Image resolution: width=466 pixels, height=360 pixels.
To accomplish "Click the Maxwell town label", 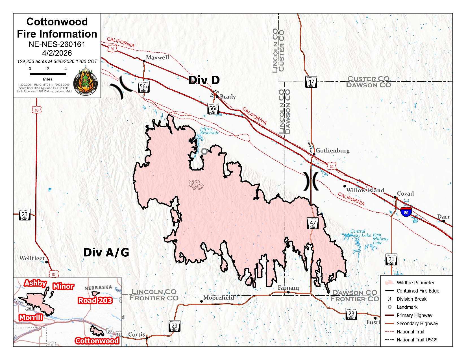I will [157, 58].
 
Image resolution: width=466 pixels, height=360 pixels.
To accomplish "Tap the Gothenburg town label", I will [332, 150].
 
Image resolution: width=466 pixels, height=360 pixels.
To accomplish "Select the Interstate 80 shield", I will [406, 212].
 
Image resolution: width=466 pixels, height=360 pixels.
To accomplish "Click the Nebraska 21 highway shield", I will [391, 259].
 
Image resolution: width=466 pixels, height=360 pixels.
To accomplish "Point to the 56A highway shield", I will [143, 87].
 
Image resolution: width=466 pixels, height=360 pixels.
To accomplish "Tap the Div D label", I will [204, 80].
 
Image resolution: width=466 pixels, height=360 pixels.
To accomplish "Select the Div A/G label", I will [106, 252].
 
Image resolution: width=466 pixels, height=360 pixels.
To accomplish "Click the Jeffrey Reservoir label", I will [209, 131].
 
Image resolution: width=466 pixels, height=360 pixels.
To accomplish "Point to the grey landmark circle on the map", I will [204, 151].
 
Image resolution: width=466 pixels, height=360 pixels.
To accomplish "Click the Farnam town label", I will [288, 288].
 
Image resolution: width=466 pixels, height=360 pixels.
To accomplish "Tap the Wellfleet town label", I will [32, 258].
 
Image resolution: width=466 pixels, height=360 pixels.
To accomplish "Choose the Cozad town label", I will [405, 194].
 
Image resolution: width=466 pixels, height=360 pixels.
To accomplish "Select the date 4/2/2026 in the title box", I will [57, 53].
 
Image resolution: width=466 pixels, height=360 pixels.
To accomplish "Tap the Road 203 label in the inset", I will [95, 300].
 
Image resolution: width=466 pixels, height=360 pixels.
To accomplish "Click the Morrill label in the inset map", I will [31, 317].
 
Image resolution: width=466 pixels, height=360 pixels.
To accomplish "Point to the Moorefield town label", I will [219, 298].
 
